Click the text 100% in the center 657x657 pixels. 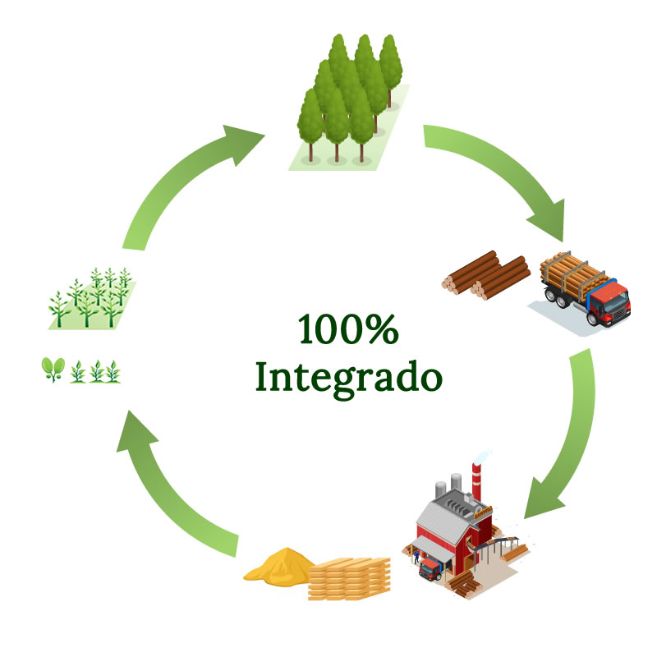click(347, 330)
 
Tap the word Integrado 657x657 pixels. click(347, 377)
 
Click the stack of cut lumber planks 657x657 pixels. click(348, 578)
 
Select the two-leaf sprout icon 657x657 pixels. click(53, 370)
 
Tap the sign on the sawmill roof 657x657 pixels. click(483, 511)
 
